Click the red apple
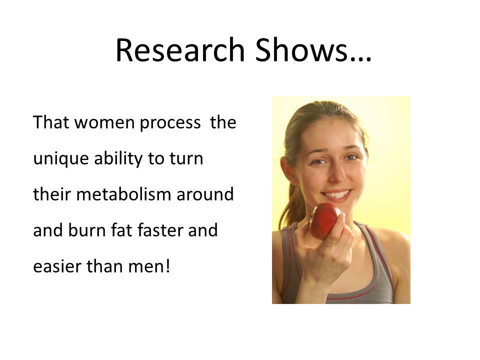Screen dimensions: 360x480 click(x=324, y=220)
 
